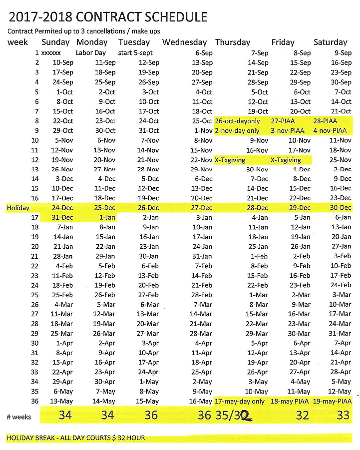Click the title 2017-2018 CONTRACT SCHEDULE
click(108, 17)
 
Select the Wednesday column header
click(184, 42)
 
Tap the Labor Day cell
click(91, 53)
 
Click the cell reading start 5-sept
click(136, 53)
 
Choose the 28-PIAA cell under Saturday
click(325, 121)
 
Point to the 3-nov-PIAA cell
click(288, 131)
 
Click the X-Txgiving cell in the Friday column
click(286, 160)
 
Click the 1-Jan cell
click(107, 218)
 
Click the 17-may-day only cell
click(239, 402)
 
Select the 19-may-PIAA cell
click(332, 402)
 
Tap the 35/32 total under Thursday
click(232, 415)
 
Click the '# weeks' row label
click(18, 417)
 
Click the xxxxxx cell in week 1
click(51, 53)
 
